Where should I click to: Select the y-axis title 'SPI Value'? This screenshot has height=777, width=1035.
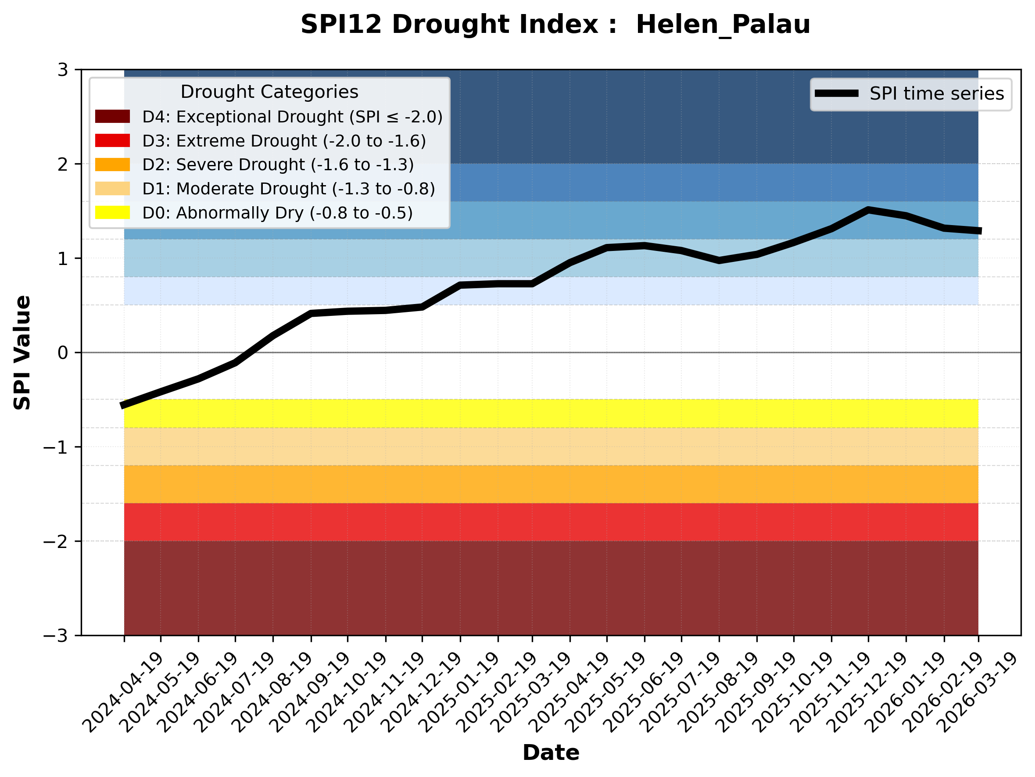22,353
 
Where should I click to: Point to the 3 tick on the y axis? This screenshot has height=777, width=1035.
63,70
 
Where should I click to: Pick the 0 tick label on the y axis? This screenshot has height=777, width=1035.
63,353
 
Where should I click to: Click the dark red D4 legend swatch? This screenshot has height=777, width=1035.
112,116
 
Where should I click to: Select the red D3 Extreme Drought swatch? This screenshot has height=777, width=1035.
112,140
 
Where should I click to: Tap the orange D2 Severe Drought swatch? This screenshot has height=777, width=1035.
112,165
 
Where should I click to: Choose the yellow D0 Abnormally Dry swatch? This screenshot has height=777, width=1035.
112,212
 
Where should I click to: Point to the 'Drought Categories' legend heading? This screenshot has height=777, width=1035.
269,92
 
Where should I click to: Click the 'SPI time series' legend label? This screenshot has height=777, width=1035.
936,93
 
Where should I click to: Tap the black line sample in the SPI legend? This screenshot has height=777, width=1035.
837,93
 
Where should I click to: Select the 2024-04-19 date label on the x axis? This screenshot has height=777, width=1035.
122,692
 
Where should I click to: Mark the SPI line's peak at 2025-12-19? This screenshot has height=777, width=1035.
868,211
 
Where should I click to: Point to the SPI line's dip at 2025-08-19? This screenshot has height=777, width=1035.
719,261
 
